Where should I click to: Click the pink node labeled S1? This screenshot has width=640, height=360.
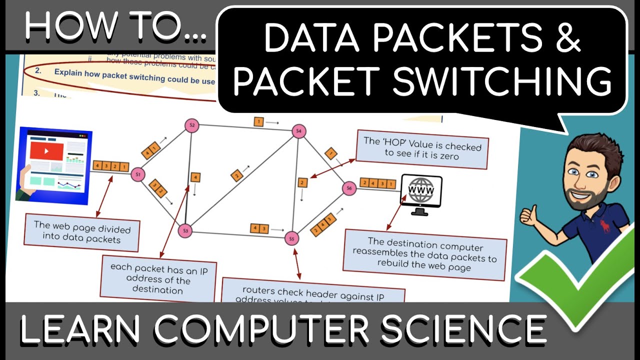tap(137, 174)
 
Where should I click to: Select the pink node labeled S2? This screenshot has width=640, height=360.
tap(191, 125)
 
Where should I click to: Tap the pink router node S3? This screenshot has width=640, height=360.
tap(185, 230)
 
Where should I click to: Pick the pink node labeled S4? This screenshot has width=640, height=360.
tap(299, 131)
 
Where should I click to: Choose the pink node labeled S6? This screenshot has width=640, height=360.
tap(349, 188)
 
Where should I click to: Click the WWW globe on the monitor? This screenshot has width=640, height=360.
tap(421, 190)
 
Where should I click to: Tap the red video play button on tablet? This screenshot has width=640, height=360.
tap(46, 150)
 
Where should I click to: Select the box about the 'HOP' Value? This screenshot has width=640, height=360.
tap(421, 149)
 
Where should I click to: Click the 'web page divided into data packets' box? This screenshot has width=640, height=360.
tap(82, 232)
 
